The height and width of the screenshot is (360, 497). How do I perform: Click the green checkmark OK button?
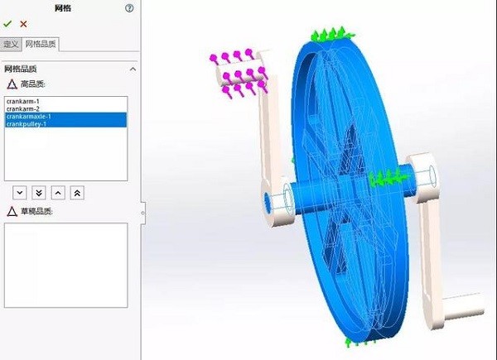[7, 24]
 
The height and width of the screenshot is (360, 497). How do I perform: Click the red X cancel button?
[23, 24]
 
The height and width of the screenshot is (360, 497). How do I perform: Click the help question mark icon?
[128, 8]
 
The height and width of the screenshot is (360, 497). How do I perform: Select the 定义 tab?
[11, 44]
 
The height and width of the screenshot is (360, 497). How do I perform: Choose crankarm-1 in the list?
[23, 101]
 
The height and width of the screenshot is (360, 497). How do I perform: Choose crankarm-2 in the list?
[23, 108]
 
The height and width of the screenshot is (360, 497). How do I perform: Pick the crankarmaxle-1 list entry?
[28, 117]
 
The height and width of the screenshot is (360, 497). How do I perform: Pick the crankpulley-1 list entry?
[27, 124]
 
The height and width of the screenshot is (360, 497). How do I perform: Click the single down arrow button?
[20, 192]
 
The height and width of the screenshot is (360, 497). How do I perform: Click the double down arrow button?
[39, 192]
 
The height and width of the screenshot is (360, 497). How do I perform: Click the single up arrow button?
[58, 192]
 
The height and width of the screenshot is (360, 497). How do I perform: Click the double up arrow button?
[77, 192]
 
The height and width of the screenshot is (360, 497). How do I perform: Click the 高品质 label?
[32, 84]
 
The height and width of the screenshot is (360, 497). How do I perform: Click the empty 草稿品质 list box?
[65, 265]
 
